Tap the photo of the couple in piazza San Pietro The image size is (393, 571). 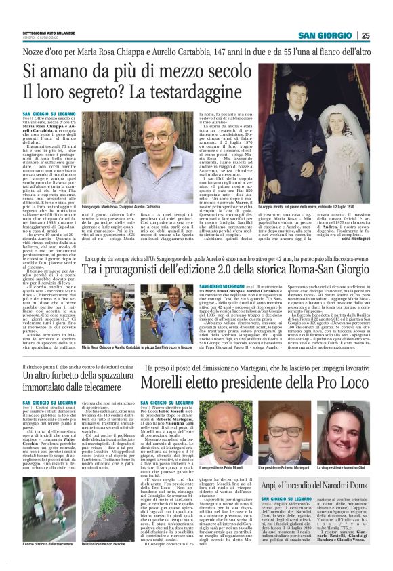coord(141,319)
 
